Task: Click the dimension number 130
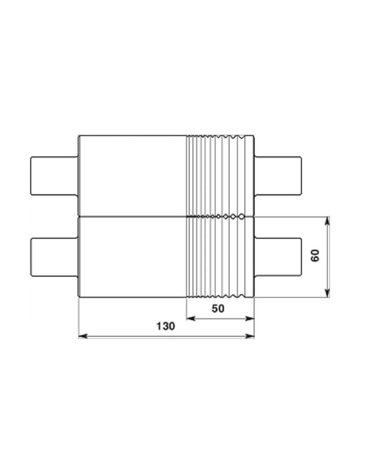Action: point(165,326)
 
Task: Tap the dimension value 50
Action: point(218,308)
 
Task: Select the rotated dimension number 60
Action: point(316,256)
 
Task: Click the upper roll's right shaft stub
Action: point(278,176)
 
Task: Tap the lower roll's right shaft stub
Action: point(278,257)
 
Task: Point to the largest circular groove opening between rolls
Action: point(241,217)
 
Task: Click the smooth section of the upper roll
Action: point(132,176)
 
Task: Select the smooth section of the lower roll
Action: point(132,257)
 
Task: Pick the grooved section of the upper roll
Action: point(220,176)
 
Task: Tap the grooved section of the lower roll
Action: point(220,257)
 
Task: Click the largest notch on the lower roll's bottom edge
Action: point(242,296)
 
